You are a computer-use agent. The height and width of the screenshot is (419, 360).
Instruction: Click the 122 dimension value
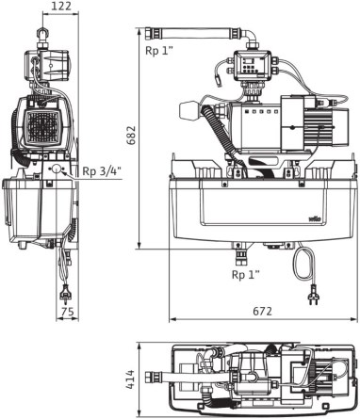[61, 6]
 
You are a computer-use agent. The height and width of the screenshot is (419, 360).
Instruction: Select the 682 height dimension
[130, 136]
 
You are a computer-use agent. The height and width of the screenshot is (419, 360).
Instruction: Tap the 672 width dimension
[262, 311]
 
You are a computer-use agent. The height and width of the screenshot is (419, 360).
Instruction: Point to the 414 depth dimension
[130, 379]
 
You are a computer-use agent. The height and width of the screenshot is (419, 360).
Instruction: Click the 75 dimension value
[68, 312]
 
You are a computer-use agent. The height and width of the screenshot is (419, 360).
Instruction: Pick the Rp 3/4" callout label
[102, 171]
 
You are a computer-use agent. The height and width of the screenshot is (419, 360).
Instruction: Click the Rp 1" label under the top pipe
[159, 51]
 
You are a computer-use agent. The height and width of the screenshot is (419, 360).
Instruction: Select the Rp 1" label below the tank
[246, 275]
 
